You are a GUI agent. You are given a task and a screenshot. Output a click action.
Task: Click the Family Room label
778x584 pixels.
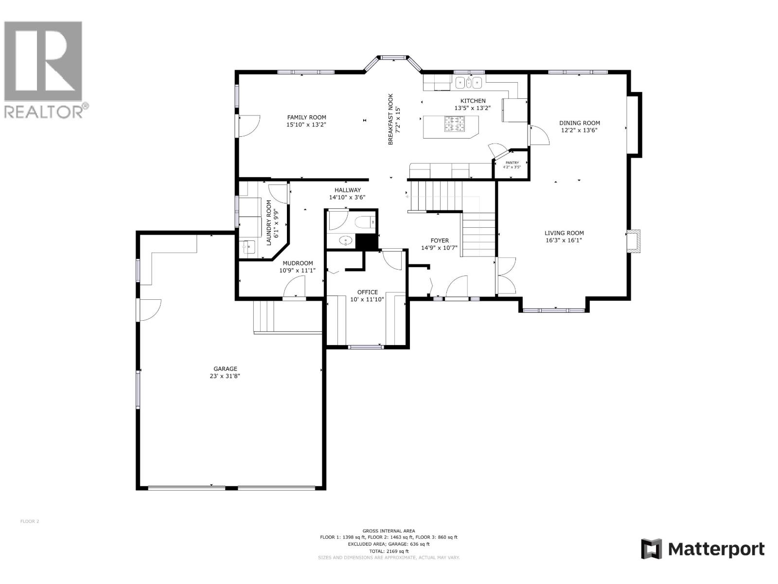pyautogui.click(x=306, y=117)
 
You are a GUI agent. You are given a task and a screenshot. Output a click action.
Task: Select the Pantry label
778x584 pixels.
pyautogui.click(x=512, y=163)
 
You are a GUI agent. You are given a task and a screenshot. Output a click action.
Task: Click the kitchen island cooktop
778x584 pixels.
pyautogui.click(x=455, y=127)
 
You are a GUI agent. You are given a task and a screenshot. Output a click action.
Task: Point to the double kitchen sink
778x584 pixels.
pyautogui.click(x=468, y=83)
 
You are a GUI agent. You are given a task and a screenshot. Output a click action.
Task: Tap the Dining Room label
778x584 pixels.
pyautogui.click(x=579, y=123)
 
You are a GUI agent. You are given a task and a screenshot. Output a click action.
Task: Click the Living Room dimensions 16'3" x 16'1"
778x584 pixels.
pyautogui.click(x=564, y=240)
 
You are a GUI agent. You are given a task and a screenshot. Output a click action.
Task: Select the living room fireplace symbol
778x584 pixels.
pyautogui.click(x=634, y=241)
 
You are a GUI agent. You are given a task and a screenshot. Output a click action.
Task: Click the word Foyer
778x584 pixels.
pyautogui.click(x=440, y=240)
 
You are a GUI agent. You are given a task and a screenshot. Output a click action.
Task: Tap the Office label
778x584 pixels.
pyautogui.click(x=367, y=292)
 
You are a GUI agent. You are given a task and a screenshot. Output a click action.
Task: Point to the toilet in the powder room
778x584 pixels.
pyautogui.click(x=365, y=223)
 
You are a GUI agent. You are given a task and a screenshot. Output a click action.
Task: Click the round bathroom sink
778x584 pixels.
pyautogui.click(x=346, y=240)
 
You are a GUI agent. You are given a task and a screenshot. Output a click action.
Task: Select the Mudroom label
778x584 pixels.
pyautogui.click(x=298, y=263)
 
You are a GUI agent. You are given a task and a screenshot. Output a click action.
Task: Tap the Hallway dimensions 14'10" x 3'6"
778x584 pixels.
pyautogui.click(x=347, y=197)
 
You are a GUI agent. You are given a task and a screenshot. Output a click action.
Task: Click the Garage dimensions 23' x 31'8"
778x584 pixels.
pyautogui.click(x=225, y=376)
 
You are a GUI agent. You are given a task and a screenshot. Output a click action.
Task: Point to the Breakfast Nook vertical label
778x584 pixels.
pyautogui.click(x=390, y=119)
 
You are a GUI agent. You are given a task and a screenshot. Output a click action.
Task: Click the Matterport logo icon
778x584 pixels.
pyautogui.click(x=652, y=549)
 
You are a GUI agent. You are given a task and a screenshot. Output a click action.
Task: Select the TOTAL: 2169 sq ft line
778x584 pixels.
pyautogui.click(x=389, y=551)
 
